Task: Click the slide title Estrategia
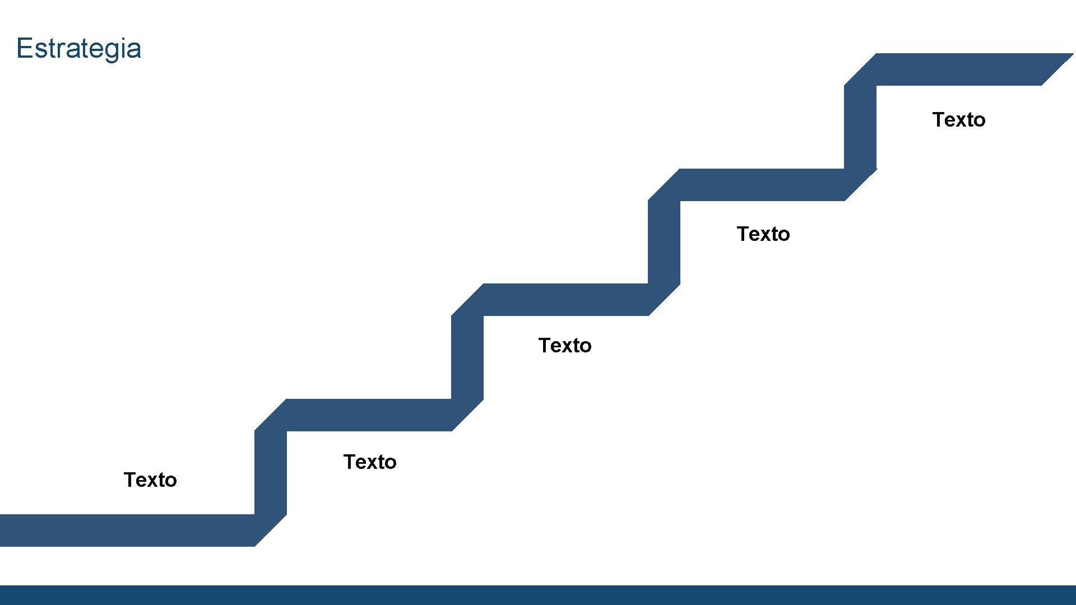[x=78, y=48]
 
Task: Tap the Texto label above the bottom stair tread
[x=150, y=480]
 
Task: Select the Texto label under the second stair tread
[x=370, y=462]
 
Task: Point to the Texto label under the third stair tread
[x=565, y=346]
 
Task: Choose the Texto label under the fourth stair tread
[x=763, y=234]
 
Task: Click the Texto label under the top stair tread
[x=959, y=120]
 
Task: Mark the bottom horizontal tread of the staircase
[x=126, y=530]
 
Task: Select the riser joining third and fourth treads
[x=664, y=243]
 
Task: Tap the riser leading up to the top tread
[x=860, y=128]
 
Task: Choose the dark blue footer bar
[x=538, y=595]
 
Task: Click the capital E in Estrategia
[x=24, y=48]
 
